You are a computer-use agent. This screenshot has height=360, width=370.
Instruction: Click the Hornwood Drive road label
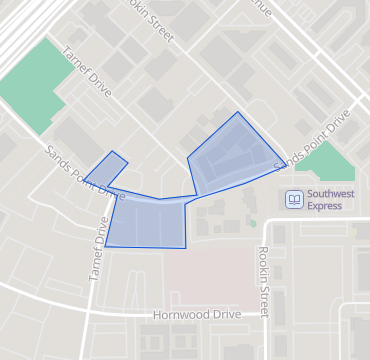197,314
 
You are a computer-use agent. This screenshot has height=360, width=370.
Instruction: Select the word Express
325,206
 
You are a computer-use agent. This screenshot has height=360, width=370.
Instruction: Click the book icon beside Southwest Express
294,199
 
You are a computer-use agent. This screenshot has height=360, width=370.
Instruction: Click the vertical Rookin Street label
264,281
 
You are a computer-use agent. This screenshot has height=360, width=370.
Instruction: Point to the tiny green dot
253,222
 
